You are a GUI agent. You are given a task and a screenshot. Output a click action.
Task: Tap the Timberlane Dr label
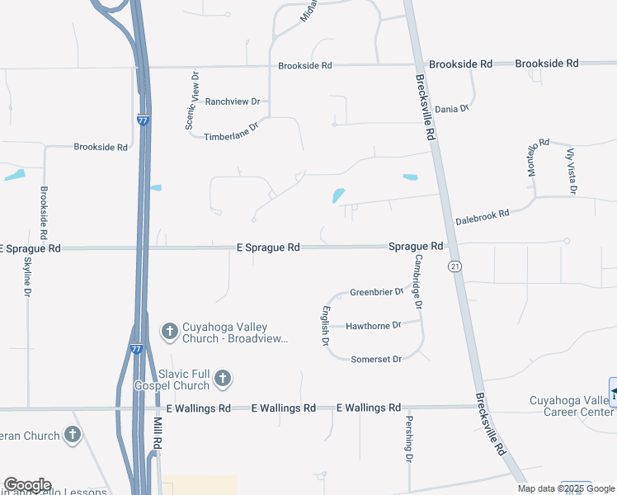(231, 131)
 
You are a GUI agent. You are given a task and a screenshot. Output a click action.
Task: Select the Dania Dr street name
(452, 108)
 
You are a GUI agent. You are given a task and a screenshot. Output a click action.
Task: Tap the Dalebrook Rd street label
(483, 217)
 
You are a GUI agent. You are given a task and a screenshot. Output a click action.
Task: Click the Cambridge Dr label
(419, 281)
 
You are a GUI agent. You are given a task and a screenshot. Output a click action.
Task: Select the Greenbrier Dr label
(376, 292)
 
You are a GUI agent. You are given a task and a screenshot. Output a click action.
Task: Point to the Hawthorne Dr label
(373, 326)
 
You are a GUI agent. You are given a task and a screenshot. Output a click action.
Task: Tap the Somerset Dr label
(376, 359)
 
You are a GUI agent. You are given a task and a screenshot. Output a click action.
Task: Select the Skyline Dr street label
(27, 277)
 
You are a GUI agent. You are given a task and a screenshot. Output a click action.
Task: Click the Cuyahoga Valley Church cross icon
(170, 332)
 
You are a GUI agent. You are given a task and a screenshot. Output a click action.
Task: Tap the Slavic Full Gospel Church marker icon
(222, 379)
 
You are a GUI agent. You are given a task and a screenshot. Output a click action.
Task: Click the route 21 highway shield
(455, 266)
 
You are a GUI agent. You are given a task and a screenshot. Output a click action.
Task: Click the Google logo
(27, 485)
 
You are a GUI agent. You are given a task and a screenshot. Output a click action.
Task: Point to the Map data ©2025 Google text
(565, 488)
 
